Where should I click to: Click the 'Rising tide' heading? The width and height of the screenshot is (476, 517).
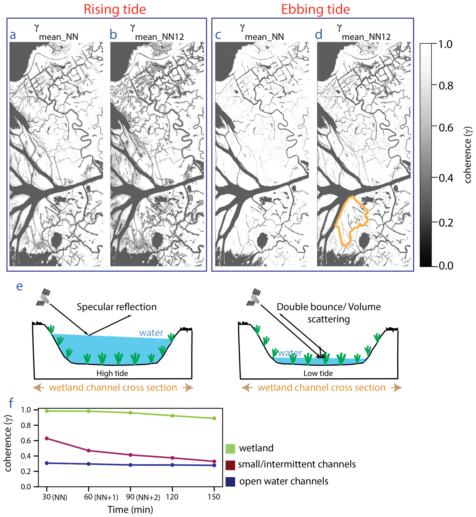(115, 9)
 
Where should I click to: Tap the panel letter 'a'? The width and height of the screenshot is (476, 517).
(13, 35)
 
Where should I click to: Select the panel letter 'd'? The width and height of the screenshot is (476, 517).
(319, 34)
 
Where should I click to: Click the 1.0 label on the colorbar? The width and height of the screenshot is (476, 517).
(446, 44)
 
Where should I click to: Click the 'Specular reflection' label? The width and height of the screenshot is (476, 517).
(117, 307)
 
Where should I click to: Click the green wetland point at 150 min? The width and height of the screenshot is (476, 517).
(214, 418)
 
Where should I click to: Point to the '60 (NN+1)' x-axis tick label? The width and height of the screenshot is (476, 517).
(101, 497)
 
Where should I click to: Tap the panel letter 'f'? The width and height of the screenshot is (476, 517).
(11, 403)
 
